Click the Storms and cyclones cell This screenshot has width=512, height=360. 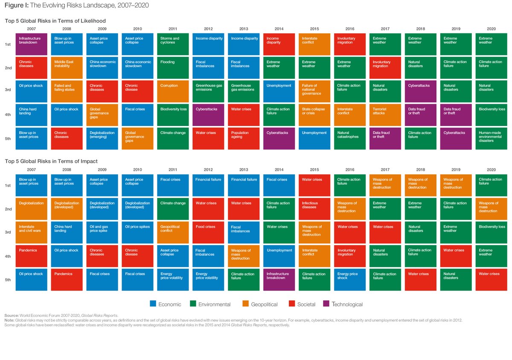click(173, 44)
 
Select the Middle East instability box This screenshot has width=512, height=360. click(67, 68)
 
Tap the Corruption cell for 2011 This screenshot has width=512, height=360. click(173, 91)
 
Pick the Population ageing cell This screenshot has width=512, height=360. click(244, 139)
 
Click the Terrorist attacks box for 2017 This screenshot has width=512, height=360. click(385, 115)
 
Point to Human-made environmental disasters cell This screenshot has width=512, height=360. click(491, 139)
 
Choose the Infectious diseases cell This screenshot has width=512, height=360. click(314, 209)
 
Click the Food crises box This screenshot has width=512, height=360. click(208, 232)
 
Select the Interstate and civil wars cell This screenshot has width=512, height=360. click(31, 232)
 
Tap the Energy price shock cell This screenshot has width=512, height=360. click(350, 279)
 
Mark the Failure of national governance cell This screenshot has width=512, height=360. click(314, 91)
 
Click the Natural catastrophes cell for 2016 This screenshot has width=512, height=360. click(350, 139)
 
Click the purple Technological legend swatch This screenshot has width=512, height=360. click(326, 304)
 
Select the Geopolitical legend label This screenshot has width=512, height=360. click(264, 304)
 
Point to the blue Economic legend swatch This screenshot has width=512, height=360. click(153, 304)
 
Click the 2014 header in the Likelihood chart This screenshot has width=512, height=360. click(279, 29)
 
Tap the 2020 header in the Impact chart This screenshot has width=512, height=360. click(491, 170)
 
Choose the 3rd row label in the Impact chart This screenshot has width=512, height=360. click(8, 232)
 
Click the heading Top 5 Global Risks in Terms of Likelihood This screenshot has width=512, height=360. click(55, 21)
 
